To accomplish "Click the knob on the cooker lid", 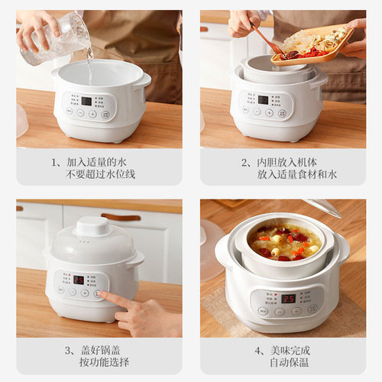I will tap(94, 226).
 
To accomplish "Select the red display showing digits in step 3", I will tap(79, 280).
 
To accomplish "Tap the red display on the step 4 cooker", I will tap(289, 299).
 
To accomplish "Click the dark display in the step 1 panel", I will tap(86, 101).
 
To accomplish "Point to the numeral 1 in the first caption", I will tap(55, 162).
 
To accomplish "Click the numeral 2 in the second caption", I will tap(245, 162).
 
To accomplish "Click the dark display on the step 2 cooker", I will tap(263, 99).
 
